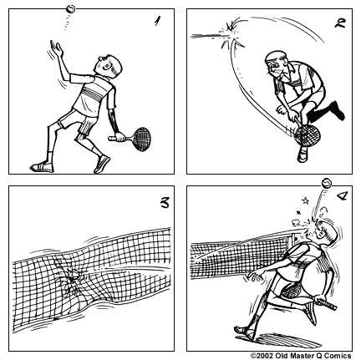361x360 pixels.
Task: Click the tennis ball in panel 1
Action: coord(71,11)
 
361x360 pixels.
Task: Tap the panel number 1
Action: coord(156,23)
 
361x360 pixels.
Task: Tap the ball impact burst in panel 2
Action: coord(230,30)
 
